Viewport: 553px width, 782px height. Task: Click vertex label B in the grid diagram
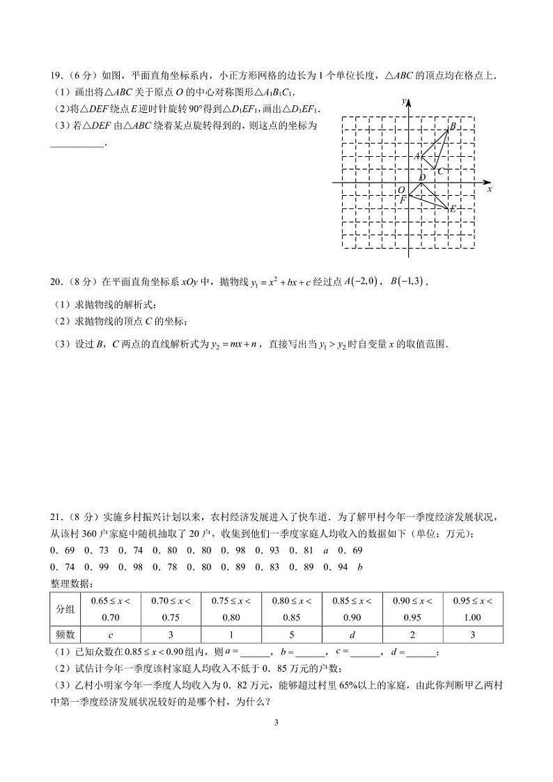click(x=453, y=126)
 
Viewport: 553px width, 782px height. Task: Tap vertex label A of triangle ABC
click(x=417, y=157)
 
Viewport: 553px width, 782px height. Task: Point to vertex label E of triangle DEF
click(x=453, y=208)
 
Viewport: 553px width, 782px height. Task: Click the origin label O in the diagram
click(x=400, y=190)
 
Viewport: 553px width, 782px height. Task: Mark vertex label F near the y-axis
click(x=402, y=201)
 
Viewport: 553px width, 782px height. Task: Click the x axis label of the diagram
click(x=490, y=189)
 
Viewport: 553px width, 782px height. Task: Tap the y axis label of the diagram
click(x=403, y=102)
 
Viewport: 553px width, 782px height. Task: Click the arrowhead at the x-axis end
click(x=485, y=183)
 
